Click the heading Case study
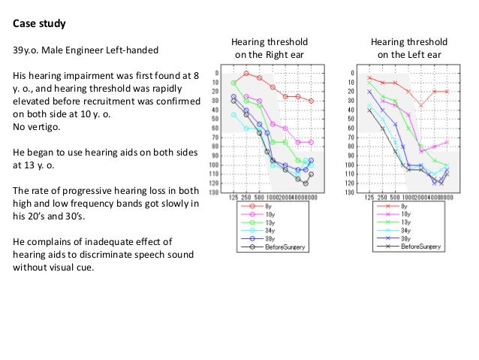point(39,24)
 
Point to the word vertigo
point(38,126)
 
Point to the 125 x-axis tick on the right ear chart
point(233,197)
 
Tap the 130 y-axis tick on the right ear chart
point(215,192)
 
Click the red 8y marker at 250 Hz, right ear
point(246,73)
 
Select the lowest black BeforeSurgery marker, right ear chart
point(306,183)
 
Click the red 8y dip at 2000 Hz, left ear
point(420,105)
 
